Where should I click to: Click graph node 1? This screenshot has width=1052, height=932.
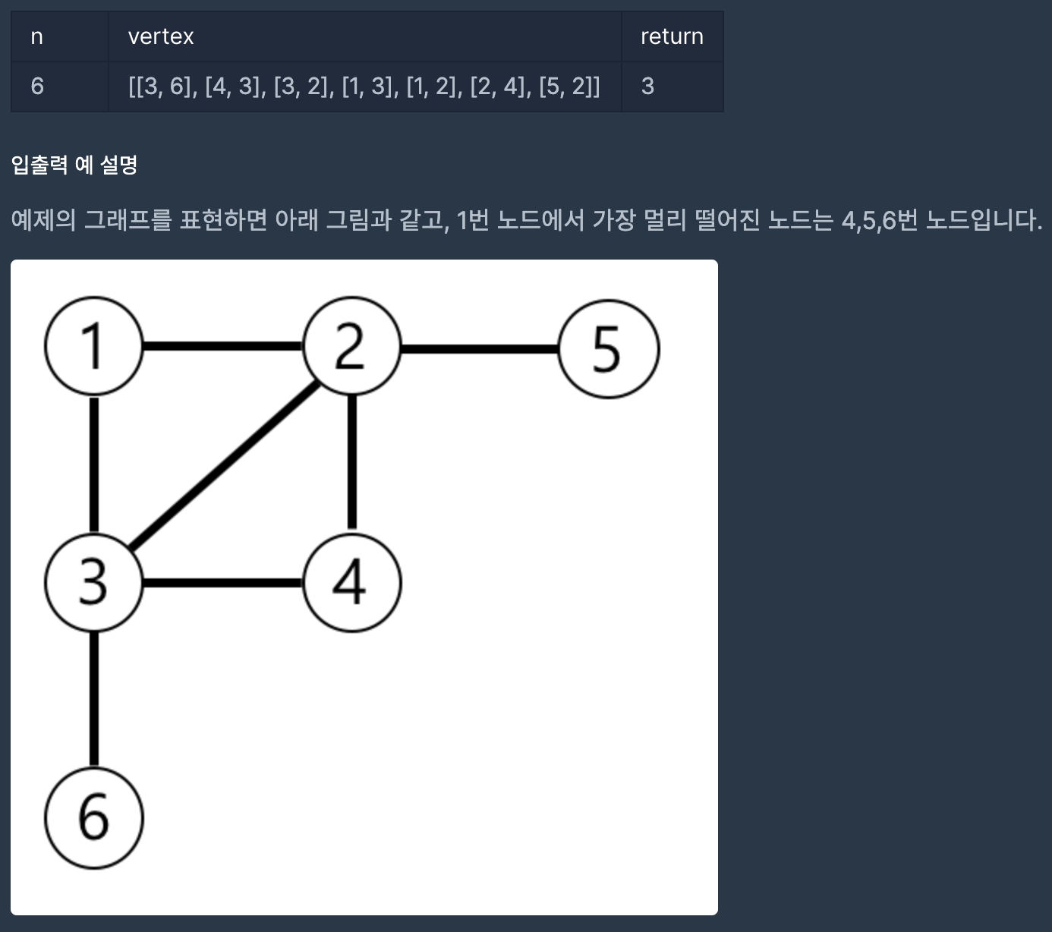93,347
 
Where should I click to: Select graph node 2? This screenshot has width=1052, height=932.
351,347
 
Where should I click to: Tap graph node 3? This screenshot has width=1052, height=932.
93,583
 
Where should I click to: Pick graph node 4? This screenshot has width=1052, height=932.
351,583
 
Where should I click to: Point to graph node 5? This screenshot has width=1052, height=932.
608,349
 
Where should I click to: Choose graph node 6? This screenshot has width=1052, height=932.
93,817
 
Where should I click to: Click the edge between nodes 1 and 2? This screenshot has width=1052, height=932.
222,347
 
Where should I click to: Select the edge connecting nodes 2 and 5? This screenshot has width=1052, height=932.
480,349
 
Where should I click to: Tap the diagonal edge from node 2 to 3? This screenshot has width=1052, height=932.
222,464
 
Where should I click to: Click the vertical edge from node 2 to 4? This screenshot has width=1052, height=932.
351,463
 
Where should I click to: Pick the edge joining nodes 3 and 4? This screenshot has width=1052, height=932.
222,583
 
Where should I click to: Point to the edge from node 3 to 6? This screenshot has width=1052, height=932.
93,698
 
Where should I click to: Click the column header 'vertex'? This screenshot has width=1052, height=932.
161,36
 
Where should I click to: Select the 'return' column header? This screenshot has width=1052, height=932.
672,36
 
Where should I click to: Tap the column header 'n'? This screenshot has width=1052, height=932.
36,36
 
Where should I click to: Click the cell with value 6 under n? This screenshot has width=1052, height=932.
37,87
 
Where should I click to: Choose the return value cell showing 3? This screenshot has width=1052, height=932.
647,87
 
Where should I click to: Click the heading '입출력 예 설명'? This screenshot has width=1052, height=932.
74,165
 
